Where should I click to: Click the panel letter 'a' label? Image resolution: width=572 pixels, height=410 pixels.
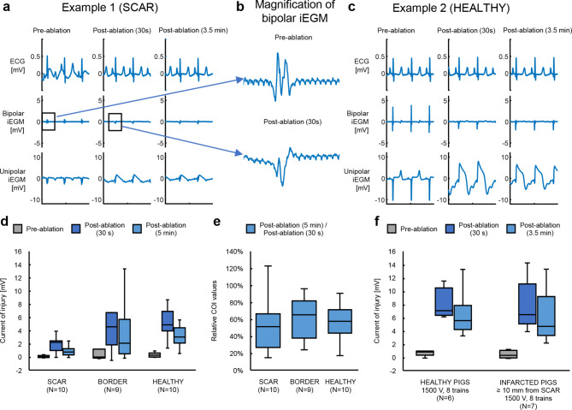[7, 8]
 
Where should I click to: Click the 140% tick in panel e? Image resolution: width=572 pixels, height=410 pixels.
[228, 254]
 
